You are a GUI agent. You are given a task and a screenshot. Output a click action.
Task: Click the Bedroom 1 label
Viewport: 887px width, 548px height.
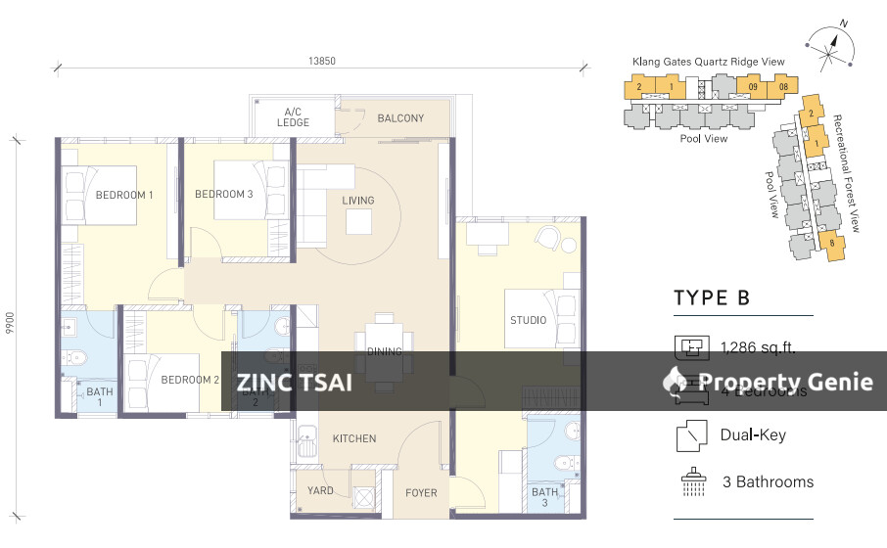coord(124,195)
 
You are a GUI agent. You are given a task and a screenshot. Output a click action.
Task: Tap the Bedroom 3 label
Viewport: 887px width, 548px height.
coord(223,194)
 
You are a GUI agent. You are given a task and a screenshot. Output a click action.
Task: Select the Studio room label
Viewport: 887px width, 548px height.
coord(528,320)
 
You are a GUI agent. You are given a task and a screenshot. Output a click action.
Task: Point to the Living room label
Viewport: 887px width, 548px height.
coord(357,201)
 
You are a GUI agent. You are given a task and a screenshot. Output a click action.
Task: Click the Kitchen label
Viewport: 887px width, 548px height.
coord(353,438)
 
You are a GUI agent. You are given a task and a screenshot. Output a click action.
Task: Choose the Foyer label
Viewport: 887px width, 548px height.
coord(422,491)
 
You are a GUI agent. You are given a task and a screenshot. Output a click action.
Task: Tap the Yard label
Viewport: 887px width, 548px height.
coord(320,491)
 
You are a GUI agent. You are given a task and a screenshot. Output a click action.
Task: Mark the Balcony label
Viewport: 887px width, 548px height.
coord(400,118)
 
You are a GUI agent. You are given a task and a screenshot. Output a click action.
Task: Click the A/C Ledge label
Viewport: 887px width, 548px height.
coord(293,116)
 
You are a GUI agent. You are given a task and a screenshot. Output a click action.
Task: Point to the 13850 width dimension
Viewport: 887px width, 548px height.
coord(322,61)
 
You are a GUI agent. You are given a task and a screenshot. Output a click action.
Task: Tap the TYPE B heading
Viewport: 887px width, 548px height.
coord(712,298)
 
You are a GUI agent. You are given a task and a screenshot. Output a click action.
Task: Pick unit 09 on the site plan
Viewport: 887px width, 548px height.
coord(753,87)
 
